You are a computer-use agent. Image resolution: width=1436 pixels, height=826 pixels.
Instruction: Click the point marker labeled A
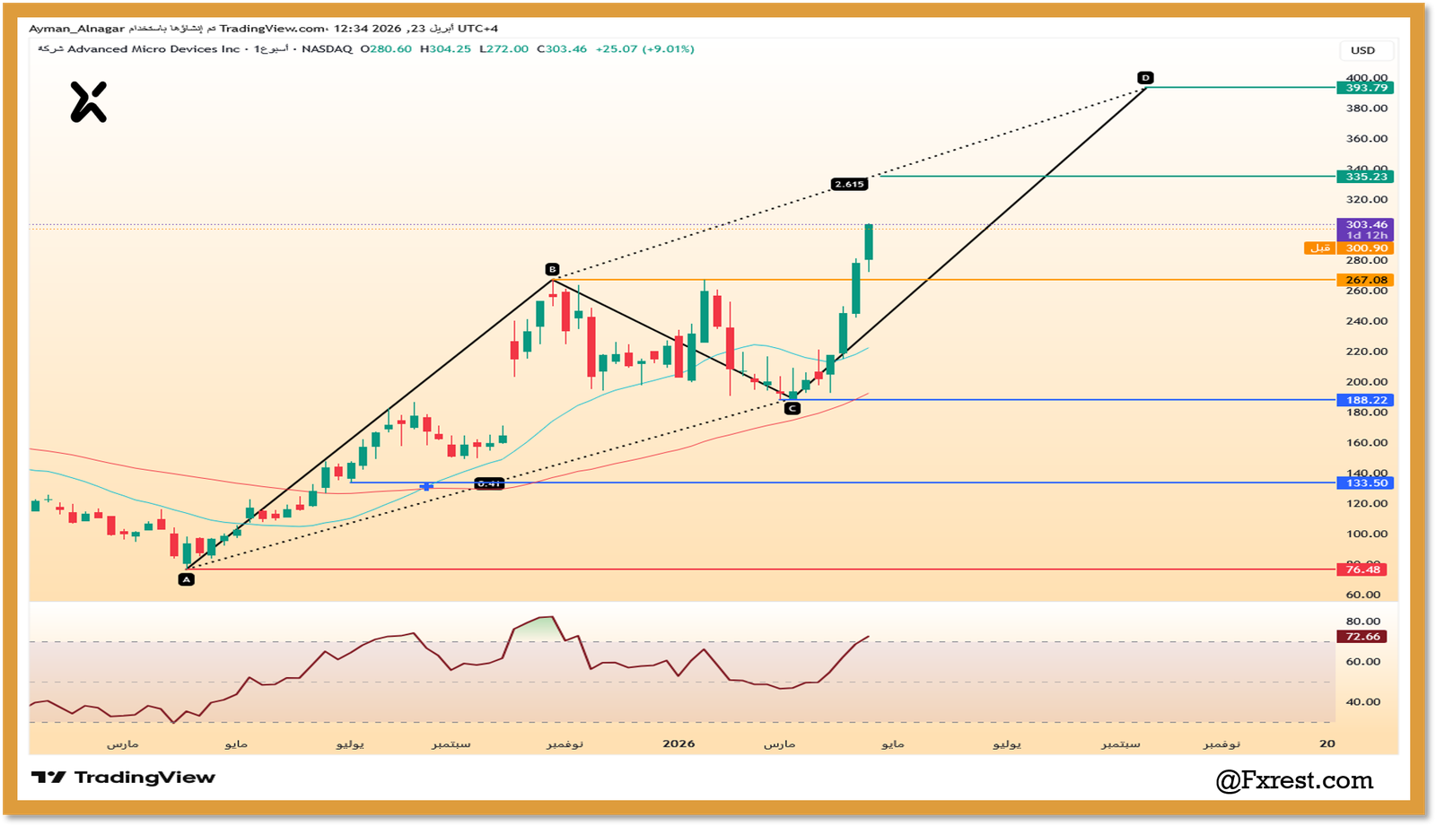pyautogui.click(x=186, y=579)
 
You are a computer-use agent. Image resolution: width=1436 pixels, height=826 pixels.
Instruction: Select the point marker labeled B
pyautogui.click(x=552, y=269)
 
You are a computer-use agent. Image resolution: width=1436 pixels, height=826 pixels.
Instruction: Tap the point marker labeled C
pyautogui.click(x=792, y=408)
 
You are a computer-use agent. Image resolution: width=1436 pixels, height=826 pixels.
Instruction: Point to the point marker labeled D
pyautogui.click(x=1145, y=78)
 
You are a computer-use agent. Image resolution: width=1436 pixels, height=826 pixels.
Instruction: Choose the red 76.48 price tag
pyautogui.click(x=1362, y=570)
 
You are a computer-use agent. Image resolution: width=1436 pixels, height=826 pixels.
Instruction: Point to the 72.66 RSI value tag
pyautogui.click(x=1362, y=637)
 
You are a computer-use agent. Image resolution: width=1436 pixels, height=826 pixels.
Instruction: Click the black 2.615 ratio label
pyautogui.click(x=848, y=184)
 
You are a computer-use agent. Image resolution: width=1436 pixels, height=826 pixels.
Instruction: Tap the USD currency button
pyautogui.click(x=1362, y=50)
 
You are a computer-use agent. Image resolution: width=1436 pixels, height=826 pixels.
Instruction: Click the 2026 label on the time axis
pyautogui.click(x=679, y=743)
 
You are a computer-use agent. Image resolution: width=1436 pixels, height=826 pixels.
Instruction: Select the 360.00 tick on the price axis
pyautogui.click(x=1367, y=139)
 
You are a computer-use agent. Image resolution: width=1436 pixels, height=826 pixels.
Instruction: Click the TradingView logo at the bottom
pyautogui.click(x=124, y=778)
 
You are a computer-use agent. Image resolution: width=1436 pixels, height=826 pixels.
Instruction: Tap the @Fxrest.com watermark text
pyautogui.click(x=1294, y=780)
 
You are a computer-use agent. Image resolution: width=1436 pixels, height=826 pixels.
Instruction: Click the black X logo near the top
pyautogui.click(x=89, y=101)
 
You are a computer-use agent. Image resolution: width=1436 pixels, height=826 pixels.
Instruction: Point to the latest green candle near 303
pyautogui.click(x=869, y=242)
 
